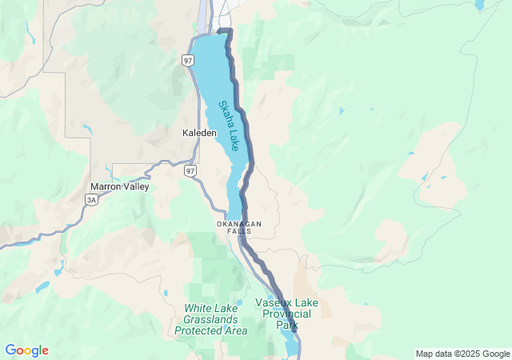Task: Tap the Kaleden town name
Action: [x=199, y=133]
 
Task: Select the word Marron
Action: [x=105, y=186]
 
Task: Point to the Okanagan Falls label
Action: [x=239, y=227]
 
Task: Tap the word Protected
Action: [x=199, y=330]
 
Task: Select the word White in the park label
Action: [x=197, y=307]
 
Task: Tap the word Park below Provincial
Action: [x=287, y=325]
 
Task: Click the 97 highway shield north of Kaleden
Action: [x=187, y=61]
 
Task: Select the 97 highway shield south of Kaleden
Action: [x=190, y=171]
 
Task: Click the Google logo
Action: [x=26, y=350]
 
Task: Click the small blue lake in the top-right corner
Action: [x=479, y=4]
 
